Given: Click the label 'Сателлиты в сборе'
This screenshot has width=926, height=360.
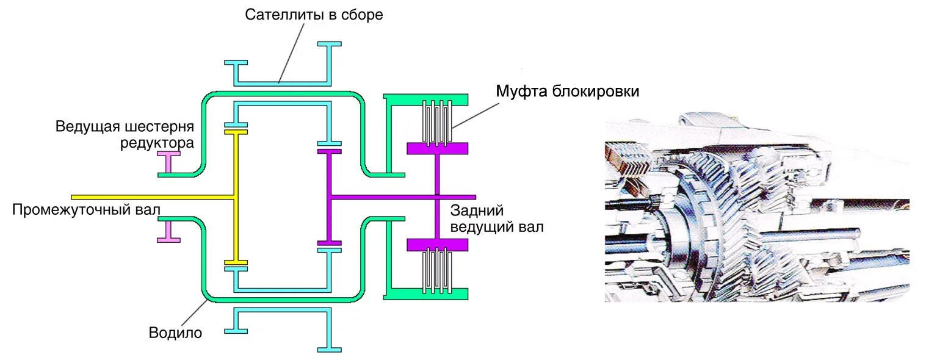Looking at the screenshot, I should [x=314, y=15].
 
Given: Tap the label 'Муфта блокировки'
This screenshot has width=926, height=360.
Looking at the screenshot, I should [x=567, y=92].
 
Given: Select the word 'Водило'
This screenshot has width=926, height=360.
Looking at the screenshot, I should [x=175, y=333].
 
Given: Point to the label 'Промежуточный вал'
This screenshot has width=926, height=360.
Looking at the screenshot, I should [x=86, y=211].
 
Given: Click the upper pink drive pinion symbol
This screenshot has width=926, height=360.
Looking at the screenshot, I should [x=168, y=162].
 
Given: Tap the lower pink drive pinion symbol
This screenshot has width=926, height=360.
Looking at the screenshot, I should [x=168, y=231].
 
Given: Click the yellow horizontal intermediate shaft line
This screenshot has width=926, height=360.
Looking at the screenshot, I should [x=153, y=197].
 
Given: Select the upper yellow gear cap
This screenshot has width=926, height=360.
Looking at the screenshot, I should [x=236, y=131].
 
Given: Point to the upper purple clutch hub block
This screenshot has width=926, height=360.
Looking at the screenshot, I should [x=437, y=148].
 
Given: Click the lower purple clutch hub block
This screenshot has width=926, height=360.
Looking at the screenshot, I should [x=437, y=245].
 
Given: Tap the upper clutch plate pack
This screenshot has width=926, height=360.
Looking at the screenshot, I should [x=438, y=122].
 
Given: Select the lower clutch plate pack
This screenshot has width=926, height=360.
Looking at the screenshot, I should [x=438, y=271].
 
